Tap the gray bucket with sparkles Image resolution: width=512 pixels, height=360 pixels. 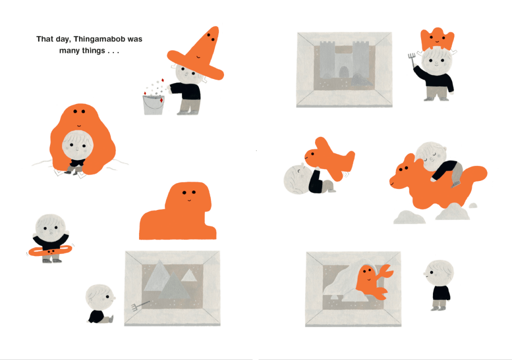(153, 104)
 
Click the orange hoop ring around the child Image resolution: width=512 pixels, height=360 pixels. (50, 250)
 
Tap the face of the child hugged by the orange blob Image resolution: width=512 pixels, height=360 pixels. (77, 145)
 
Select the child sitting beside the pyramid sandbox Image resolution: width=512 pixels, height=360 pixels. (100, 304)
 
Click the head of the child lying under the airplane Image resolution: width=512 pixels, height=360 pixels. (297, 179)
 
